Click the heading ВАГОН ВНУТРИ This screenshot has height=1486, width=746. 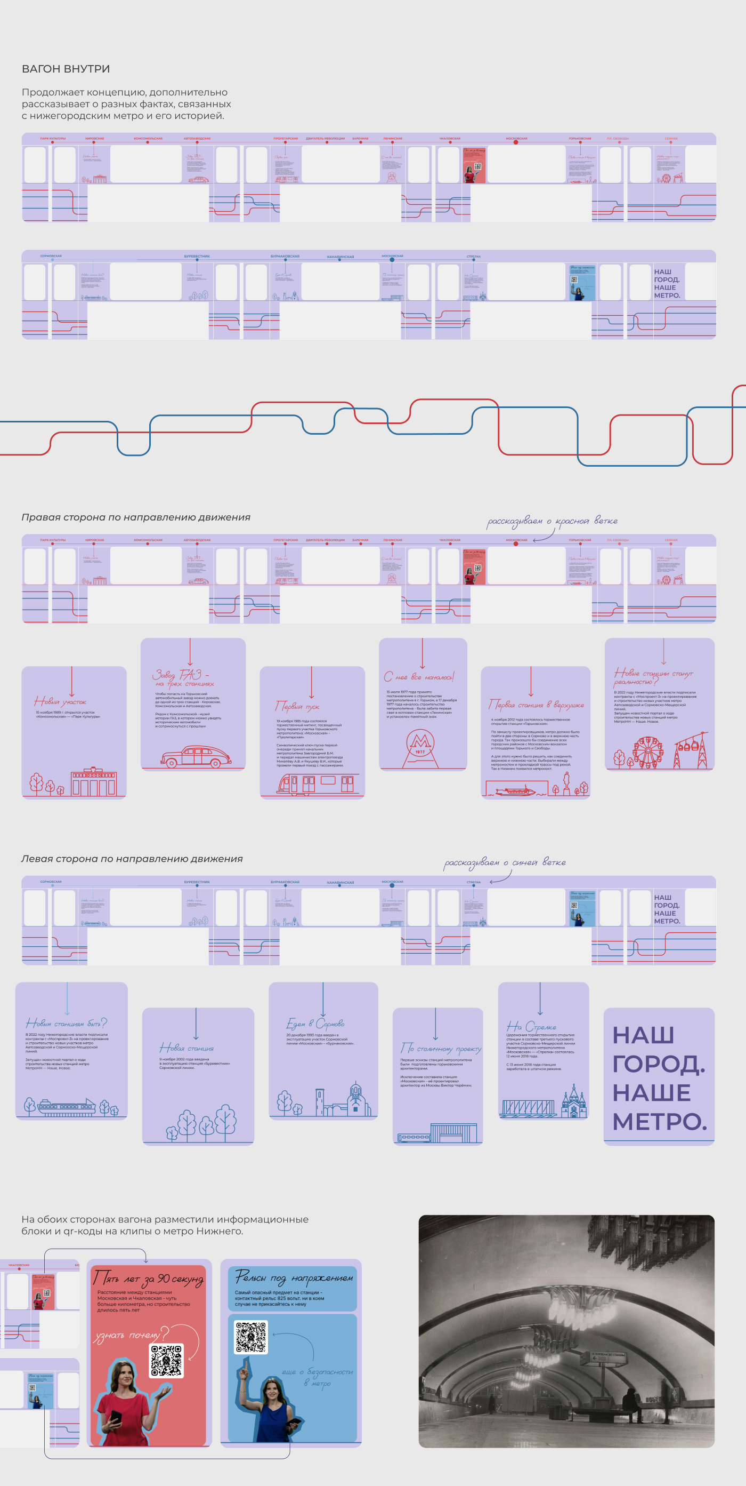pos(66,69)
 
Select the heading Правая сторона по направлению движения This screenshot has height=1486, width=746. pos(136,517)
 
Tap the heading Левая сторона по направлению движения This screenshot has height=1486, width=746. pos(132,859)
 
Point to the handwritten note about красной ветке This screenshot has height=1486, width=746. pos(552,522)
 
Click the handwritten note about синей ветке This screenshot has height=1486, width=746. pos(505,863)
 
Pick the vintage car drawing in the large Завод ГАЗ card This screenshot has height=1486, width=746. pos(196,756)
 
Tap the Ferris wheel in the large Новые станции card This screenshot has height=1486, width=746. pos(648,752)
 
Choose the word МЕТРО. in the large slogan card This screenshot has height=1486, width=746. pos(659,1122)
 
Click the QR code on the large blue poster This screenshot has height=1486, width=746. pos(252,1337)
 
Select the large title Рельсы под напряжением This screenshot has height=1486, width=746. pos(294,1279)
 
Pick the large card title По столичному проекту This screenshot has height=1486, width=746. pos(441,1048)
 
